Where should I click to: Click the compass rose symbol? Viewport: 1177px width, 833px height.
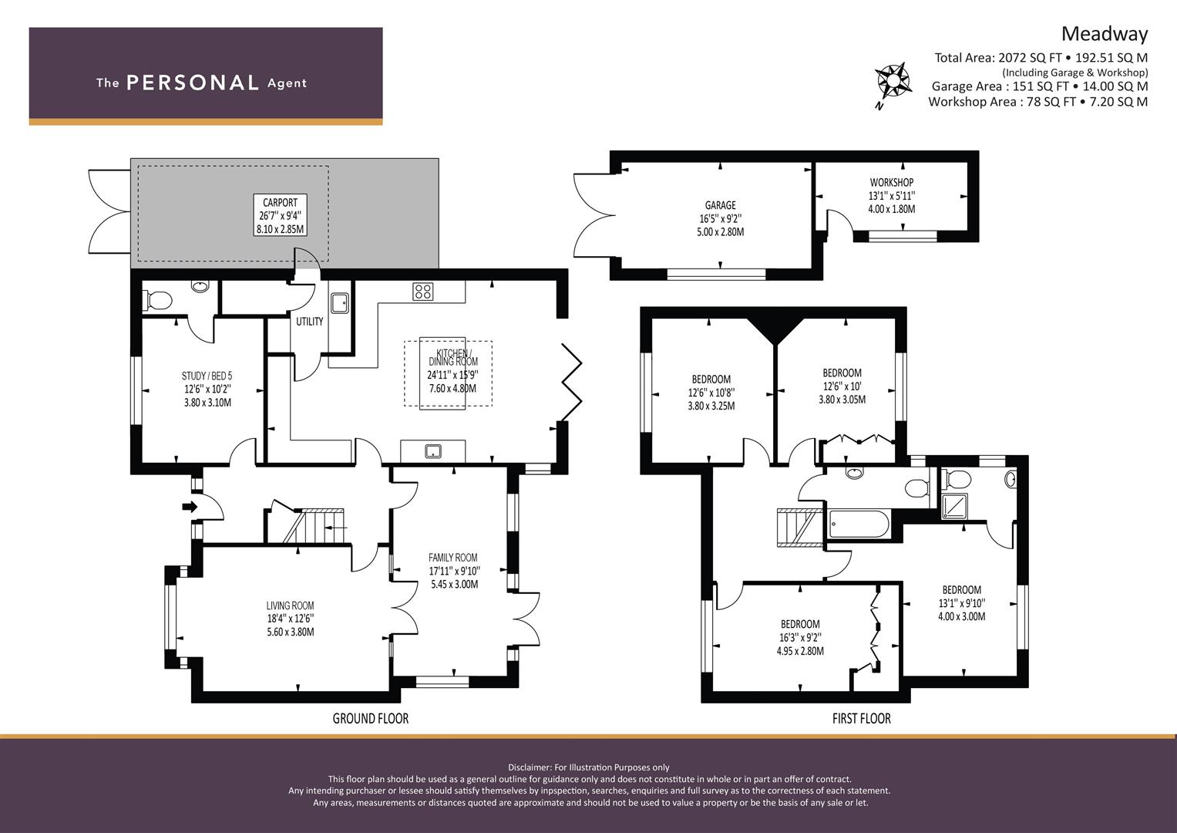[x=893, y=80]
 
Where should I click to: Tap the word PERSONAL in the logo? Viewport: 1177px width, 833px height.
[x=193, y=83]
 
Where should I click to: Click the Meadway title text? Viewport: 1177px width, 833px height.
[x=1105, y=34]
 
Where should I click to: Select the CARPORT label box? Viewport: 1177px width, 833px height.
[x=280, y=215]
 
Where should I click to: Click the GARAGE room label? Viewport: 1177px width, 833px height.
[x=721, y=205]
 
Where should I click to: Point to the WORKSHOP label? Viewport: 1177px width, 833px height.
[x=892, y=183]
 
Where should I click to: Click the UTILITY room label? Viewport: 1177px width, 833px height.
[x=310, y=322]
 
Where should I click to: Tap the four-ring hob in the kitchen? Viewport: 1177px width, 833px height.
[x=423, y=292]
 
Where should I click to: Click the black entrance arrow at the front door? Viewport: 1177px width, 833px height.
[x=190, y=507]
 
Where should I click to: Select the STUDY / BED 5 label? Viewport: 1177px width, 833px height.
[x=207, y=376]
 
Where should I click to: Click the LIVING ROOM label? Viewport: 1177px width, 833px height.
[x=290, y=605]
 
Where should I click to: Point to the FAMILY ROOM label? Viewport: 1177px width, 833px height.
[x=453, y=558]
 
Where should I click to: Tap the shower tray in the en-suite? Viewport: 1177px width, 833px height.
[x=952, y=507]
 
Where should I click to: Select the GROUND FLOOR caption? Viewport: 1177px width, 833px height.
[x=371, y=719]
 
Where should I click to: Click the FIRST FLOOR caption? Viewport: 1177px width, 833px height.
[x=862, y=719]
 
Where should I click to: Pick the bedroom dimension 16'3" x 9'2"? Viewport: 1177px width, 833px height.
[x=800, y=638]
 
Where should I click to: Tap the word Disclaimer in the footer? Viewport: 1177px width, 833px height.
[x=529, y=767]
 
